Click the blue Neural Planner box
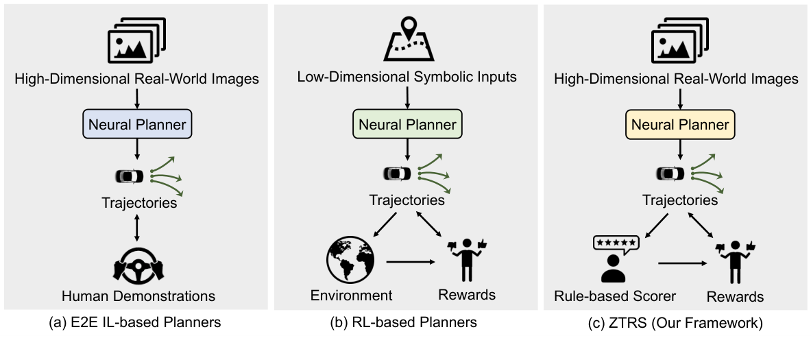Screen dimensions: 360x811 click(x=137, y=125)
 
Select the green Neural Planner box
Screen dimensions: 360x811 click(x=408, y=125)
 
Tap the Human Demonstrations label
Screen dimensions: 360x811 click(x=138, y=296)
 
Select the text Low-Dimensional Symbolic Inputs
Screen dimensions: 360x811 click(x=407, y=75)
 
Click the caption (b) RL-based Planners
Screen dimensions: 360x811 click(x=407, y=322)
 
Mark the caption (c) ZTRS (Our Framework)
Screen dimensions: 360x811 click(x=678, y=322)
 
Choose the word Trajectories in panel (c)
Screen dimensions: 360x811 click(x=679, y=200)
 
